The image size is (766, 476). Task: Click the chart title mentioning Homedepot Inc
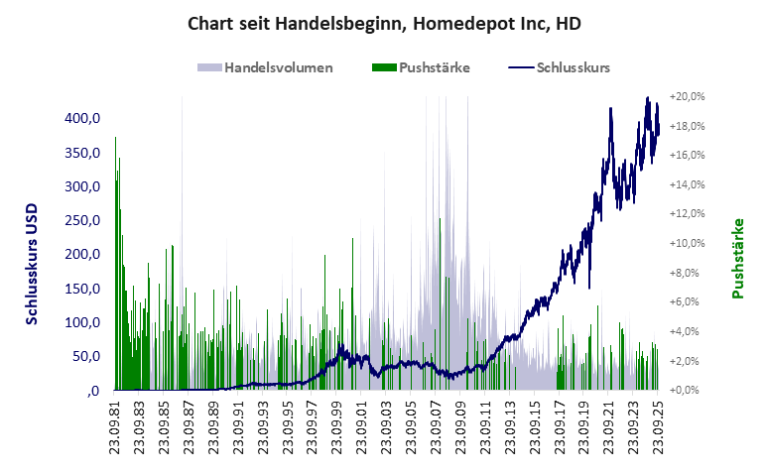(x=384, y=22)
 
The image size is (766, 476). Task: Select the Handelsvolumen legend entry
(x=278, y=67)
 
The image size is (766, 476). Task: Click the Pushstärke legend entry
(x=434, y=67)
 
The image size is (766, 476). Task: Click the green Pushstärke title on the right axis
(x=737, y=259)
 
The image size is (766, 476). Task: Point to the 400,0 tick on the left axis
(x=83, y=119)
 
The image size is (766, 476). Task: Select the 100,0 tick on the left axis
(x=83, y=322)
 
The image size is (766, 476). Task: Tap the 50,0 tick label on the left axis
(x=86, y=356)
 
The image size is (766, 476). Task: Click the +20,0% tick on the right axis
(x=687, y=97)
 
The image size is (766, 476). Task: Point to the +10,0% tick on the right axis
(x=687, y=243)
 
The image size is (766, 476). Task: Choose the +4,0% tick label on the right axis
(x=689, y=331)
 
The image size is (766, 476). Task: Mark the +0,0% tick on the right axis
(x=689, y=390)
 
